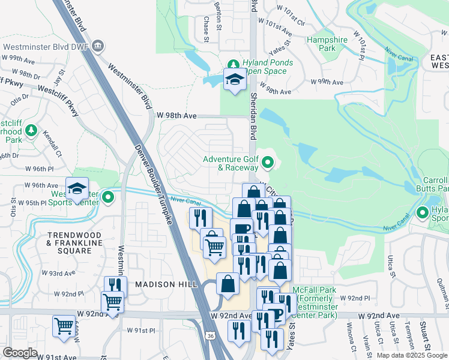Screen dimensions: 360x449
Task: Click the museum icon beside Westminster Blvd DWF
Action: point(99,46)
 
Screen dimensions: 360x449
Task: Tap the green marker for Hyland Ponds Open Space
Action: point(234,64)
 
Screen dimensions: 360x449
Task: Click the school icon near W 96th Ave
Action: point(77,189)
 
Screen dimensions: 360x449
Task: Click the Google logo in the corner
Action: point(20,352)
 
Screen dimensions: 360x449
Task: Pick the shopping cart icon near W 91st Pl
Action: point(64,327)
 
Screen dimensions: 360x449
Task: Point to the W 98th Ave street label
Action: point(176,115)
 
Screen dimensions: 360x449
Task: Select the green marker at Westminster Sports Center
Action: point(108,196)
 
